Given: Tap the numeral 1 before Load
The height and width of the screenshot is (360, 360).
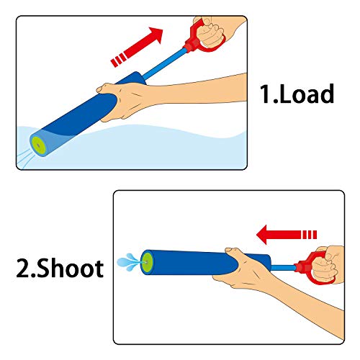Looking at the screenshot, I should click(266, 94).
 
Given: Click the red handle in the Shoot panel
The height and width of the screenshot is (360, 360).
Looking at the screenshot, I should click(309, 269).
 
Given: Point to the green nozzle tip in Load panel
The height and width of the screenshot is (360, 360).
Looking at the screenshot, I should click(36, 138).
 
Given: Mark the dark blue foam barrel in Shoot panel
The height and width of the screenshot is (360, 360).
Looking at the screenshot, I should click(191, 262).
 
